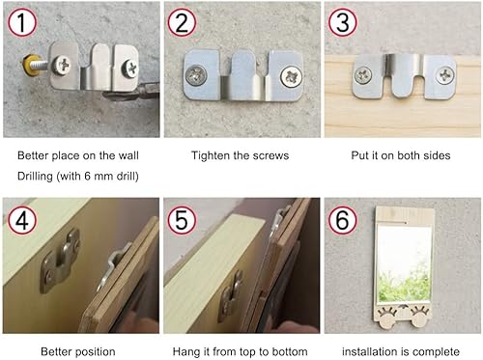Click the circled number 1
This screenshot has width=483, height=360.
(x=22, y=22)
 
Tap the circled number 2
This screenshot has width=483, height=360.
(x=182, y=22)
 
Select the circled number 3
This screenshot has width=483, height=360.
(x=343, y=22)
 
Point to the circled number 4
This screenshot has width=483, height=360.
(x=22, y=220)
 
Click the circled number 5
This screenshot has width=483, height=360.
(x=182, y=220)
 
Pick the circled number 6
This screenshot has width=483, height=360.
(x=343, y=220)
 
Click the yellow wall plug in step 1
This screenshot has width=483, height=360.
(x=30, y=65)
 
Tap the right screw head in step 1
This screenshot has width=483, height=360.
(x=130, y=69)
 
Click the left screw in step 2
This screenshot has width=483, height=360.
(x=196, y=75)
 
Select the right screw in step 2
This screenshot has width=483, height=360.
(x=291, y=76)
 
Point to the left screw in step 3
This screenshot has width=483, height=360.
(x=363, y=75)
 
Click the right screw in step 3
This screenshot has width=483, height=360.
(x=445, y=75)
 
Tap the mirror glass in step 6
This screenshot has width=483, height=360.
(x=404, y=264)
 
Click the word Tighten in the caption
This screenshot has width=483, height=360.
(x=211, y=155)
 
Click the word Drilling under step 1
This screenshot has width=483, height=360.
(x=35, y=177)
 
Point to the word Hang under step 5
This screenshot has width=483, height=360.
(x=186, y=352)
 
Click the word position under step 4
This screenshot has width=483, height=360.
(x=95, y=352)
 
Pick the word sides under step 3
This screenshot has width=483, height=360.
(x=437, y=155)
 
